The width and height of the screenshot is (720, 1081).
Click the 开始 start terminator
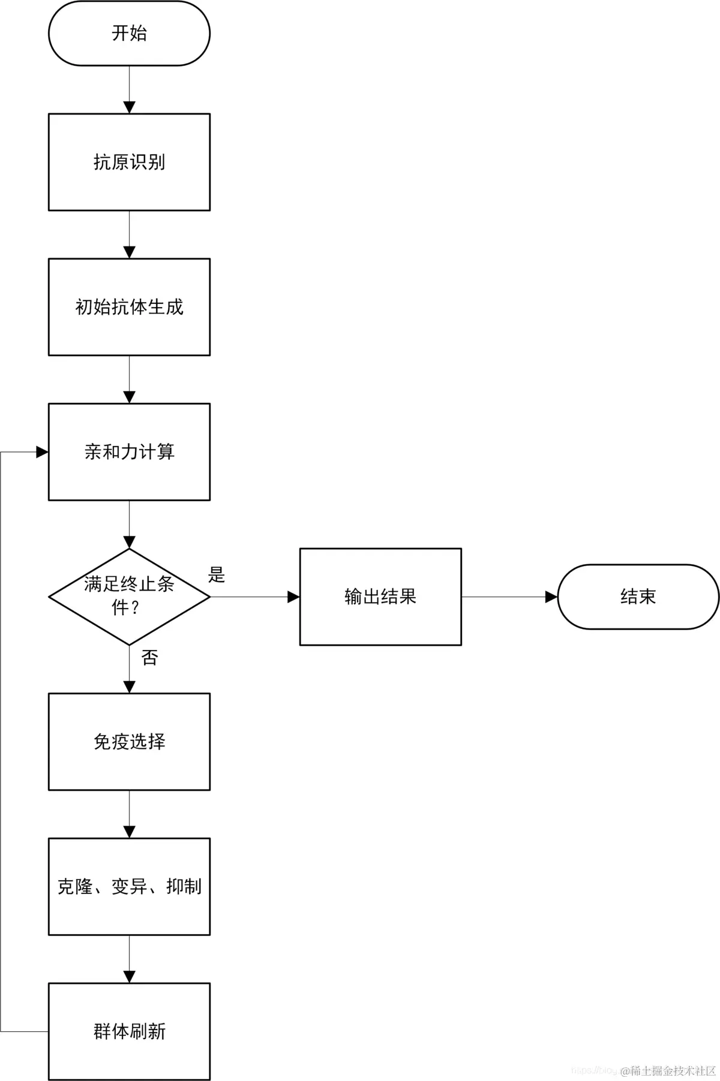129,33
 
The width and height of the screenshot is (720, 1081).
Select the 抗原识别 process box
129,162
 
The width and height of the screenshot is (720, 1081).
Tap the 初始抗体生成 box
129,307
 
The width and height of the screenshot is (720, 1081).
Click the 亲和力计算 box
129,451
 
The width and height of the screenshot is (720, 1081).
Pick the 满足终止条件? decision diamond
129,597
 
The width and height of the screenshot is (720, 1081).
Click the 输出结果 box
380,597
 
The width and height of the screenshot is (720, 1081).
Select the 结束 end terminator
638,597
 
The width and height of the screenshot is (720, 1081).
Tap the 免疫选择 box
129,742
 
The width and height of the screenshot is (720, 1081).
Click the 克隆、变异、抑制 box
129,886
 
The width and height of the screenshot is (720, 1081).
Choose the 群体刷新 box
129,1031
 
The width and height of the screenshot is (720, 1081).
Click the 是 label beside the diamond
216,574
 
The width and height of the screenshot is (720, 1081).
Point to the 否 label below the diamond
149,658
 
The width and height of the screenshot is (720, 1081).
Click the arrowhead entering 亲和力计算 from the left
43,452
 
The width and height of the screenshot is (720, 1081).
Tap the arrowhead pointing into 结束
551,597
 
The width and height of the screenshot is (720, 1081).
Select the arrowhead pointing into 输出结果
293,597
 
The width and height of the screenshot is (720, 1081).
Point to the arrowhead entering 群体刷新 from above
129,977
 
